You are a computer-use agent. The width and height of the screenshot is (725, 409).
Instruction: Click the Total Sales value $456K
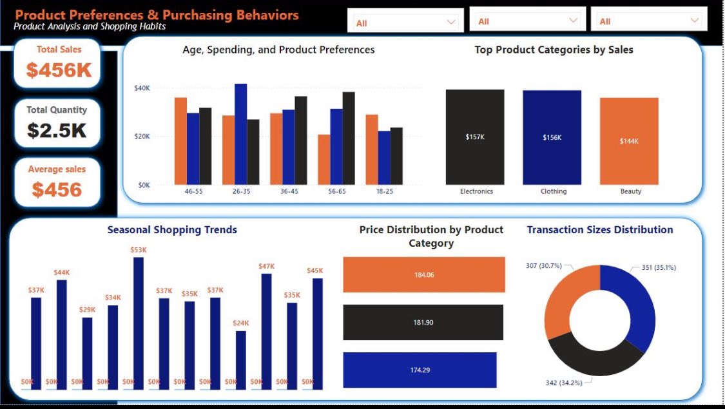coord(59,70)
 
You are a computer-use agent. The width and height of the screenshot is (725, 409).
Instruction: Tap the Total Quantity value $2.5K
coord(57,130)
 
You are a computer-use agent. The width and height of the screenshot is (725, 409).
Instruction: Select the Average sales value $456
coord(57,189)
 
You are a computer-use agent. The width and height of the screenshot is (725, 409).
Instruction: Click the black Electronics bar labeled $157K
coord(475,137)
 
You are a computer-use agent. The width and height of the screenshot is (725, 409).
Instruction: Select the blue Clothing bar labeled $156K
coord(552,137)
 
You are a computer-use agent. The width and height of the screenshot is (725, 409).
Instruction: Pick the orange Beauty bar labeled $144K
coord(629,141)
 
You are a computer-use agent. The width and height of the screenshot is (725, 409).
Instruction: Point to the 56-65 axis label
coord(336,191)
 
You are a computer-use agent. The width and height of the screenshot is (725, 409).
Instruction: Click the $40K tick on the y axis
coord(142,88)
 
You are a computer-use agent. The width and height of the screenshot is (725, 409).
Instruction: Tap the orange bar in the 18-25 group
coord(372,149)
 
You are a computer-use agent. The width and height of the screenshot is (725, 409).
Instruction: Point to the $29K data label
coord(87,310)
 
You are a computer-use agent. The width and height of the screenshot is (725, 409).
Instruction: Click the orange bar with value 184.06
coord(423,274)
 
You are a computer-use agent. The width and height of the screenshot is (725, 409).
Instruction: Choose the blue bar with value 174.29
coord(420,370)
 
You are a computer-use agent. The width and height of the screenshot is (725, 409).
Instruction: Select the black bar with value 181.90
coord(423,322)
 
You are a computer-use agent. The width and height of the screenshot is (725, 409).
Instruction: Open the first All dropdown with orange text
coord(405,23)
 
